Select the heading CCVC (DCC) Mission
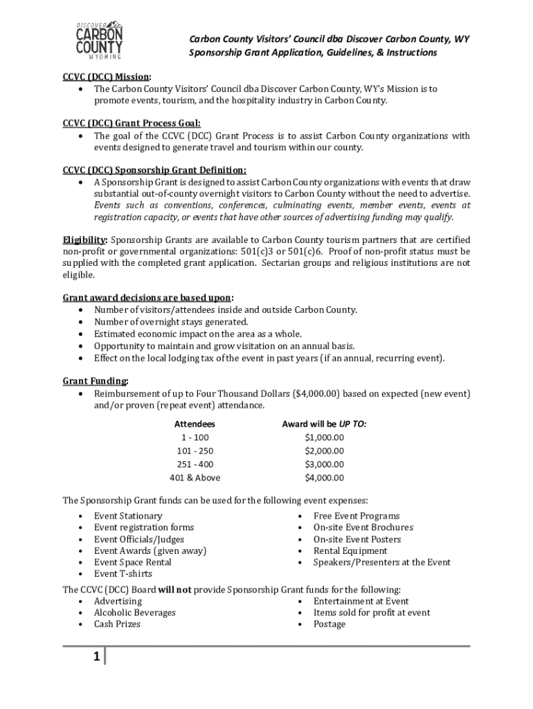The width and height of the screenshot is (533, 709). [x=107, y=77]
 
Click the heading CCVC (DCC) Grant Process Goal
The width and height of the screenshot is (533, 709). [x=127, y=123]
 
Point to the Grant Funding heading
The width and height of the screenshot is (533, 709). [x=95, y=381]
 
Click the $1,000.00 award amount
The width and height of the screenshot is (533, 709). [x=324, y=438]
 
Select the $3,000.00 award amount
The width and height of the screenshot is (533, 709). [x=324, y=465]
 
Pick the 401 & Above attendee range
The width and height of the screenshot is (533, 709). [x=195, y=478]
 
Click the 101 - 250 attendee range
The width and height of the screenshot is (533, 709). [x=195, y=451]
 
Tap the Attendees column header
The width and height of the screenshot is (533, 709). [x=195, y=424]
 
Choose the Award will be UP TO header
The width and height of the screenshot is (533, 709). [x=324, y=424]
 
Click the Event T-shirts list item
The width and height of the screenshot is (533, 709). [x=123, y=574]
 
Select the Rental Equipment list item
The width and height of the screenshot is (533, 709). [x=350, y=551]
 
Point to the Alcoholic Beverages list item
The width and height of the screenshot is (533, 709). [x=134, y=613]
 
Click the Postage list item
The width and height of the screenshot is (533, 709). [x=329, y=625]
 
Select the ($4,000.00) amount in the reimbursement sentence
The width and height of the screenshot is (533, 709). [x=316, y=393]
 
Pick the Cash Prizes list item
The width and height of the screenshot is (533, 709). [x=117, y=625]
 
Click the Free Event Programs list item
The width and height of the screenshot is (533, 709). [x=356, y=516]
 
